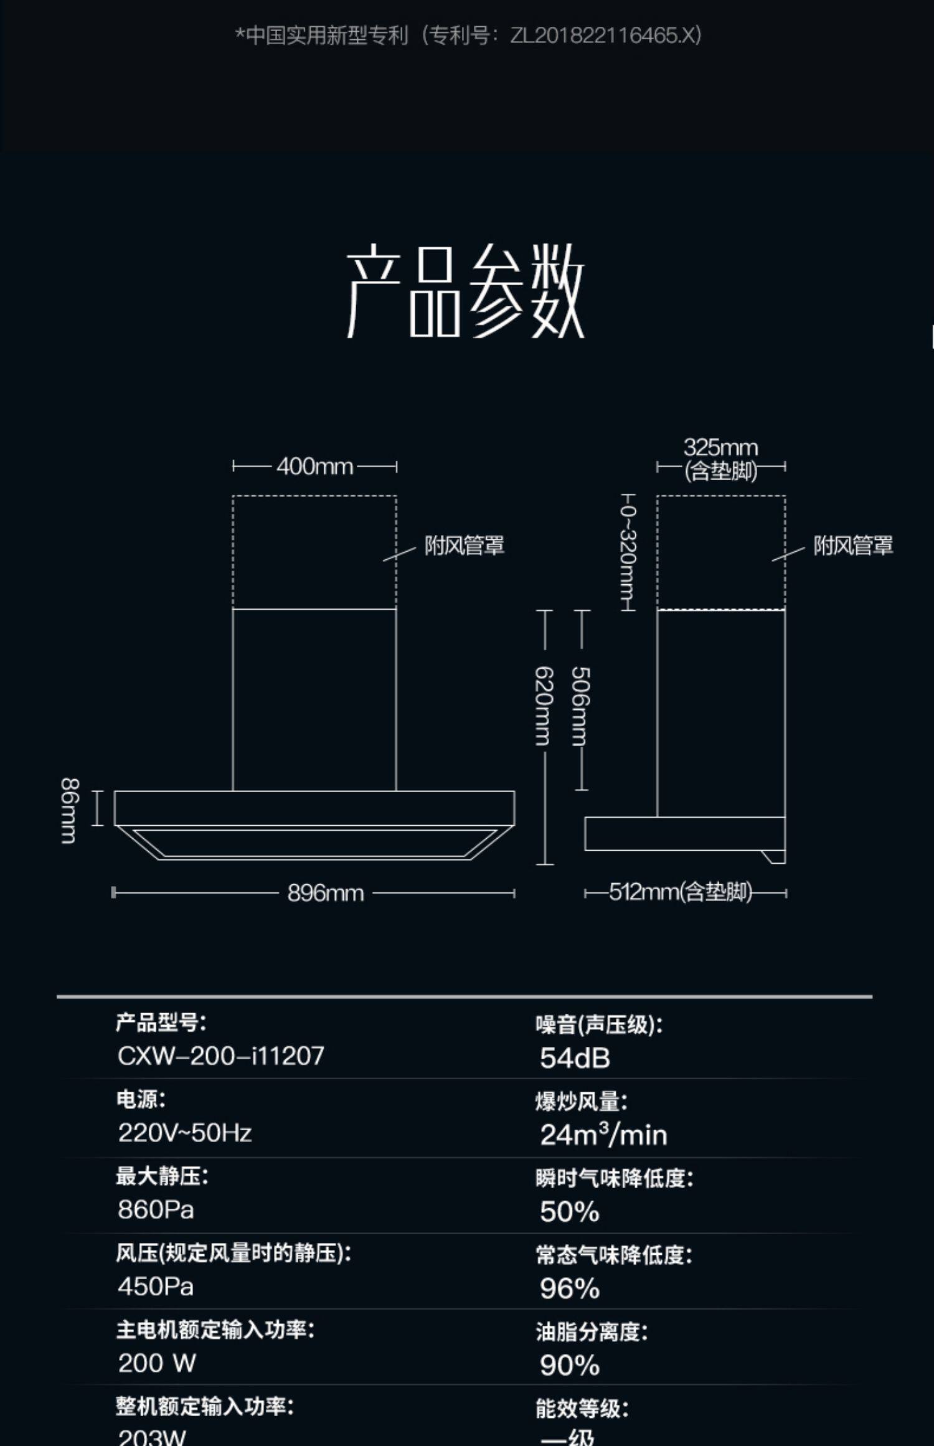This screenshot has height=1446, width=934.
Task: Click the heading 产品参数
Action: point(466,291)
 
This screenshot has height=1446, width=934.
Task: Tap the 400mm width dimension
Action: point(314,466)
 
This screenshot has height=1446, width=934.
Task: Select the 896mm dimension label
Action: point(325,894)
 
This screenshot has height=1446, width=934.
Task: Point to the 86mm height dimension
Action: point(69,810)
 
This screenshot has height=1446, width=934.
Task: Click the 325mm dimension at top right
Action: point(720,447)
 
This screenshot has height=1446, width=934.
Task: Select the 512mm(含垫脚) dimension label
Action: point(680,892)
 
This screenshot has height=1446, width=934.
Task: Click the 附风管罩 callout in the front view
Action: point(464,546)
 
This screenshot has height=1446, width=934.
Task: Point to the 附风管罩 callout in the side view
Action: point(852,546)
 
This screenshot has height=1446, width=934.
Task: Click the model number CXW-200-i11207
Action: point(221,1056)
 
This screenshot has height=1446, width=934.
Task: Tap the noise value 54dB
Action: point(575,1058)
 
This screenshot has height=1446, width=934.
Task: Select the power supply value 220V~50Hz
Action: point(185,1133)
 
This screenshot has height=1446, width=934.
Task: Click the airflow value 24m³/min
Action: point(603,1135)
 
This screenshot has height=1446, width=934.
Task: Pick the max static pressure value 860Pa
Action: point(156,1210)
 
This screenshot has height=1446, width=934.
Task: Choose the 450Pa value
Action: point(156,1287)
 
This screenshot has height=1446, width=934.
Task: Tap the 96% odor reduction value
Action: point(570,1288)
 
